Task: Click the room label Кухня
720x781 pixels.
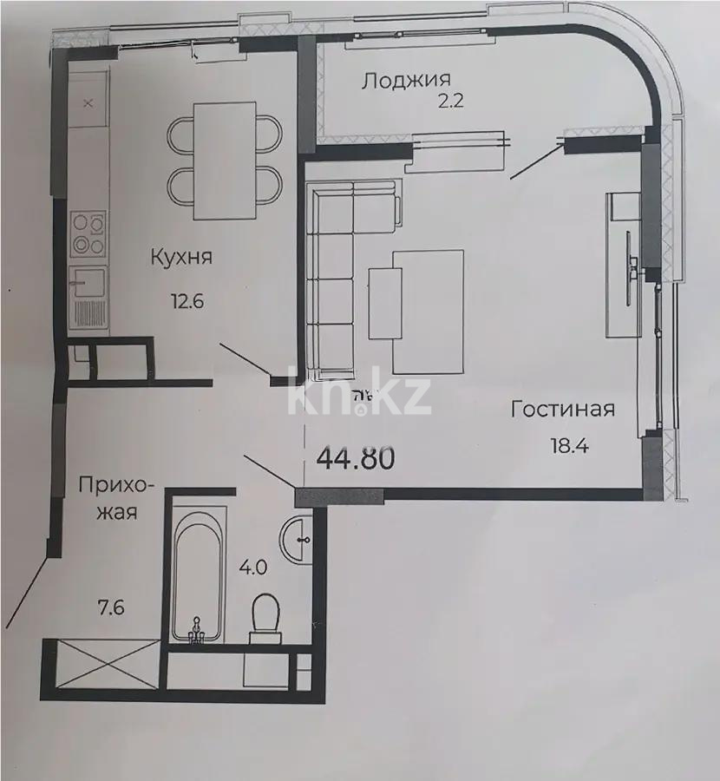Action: [x=181, y=258]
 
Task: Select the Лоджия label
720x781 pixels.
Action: [x=399, y=82]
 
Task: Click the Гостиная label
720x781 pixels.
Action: [x=562, y=410]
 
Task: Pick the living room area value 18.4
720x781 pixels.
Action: [x=568, y=447]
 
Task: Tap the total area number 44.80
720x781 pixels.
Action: [x=357, y=456]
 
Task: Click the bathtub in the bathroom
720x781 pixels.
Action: [x=198, y=575]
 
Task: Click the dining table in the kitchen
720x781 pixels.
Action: [x=225, y=161]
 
